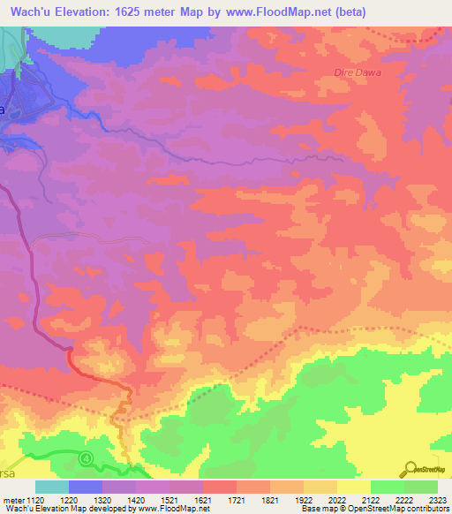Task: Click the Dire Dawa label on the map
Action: click(x=358, y=72)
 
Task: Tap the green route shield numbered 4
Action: click(x=86, y=458)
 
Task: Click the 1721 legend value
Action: click(x=236, y=500)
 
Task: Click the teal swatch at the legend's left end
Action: click(x=51, y=487)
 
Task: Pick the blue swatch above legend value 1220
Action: click(x=85, y=487)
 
